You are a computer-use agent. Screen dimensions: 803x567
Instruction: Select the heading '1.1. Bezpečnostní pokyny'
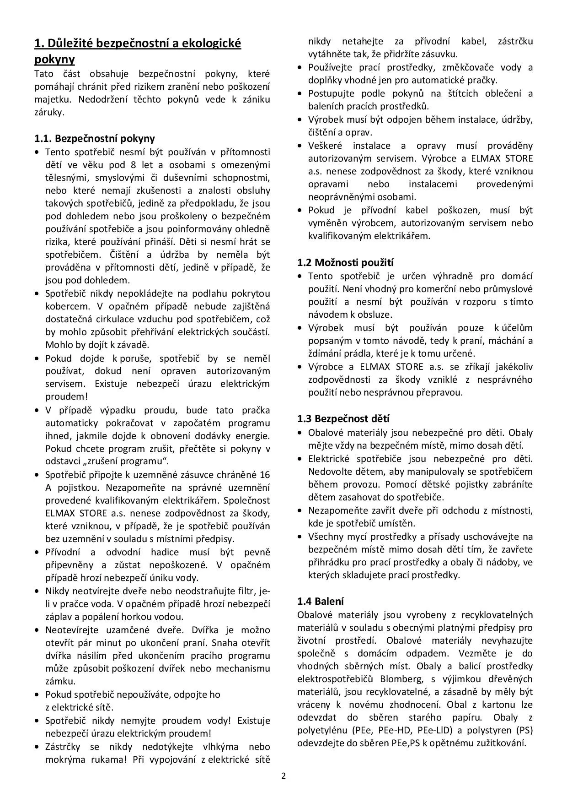point(95,138)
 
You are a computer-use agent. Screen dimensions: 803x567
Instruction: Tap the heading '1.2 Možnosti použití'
point(345,262)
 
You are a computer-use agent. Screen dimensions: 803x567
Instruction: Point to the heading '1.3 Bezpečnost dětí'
point(343,418)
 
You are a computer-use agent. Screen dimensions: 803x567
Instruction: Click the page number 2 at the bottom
point(283,776)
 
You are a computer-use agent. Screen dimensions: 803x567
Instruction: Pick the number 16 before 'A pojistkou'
point(265,474)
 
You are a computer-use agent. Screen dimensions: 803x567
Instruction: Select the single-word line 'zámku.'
point(60,681)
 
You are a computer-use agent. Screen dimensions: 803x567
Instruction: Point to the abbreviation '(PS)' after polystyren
point(524,730)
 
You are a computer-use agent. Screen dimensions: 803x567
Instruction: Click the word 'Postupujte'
point(332,93)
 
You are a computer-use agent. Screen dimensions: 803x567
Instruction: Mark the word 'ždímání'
point(327,353)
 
